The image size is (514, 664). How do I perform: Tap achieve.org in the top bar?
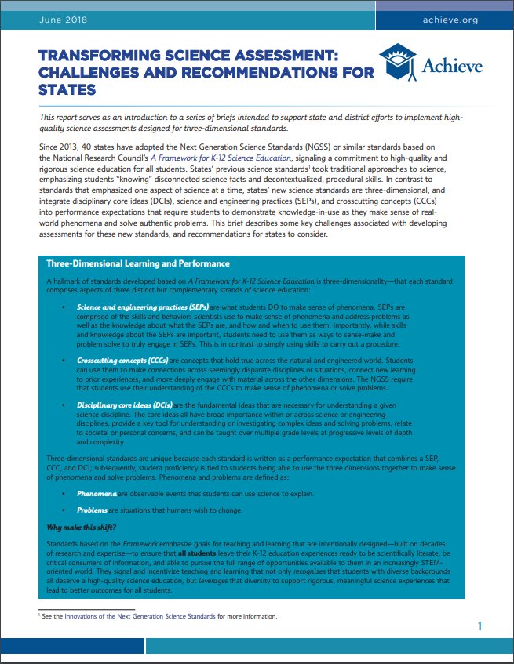pos(450,20)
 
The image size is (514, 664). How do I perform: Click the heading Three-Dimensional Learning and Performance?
pos(138,263)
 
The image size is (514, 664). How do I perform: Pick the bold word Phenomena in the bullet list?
pos(97,495)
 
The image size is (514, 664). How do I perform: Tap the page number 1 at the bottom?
pos(480,626)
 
